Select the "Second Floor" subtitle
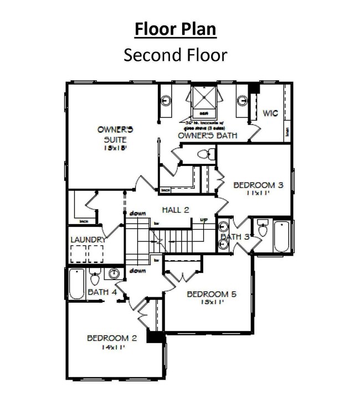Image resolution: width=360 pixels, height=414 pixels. (176, 55)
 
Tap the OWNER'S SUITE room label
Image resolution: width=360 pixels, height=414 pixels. (116, 134)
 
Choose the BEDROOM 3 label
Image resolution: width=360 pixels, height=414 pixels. (258, 185)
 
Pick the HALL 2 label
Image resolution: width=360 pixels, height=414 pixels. (176, 209)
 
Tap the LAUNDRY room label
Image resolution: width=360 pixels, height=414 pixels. (88, 240)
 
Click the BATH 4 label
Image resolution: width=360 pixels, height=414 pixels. (101, 292)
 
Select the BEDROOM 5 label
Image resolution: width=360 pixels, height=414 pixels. (212, 294)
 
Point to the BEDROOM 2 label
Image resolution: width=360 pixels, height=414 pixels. (111, 338)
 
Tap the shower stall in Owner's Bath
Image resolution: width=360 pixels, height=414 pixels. (204, 100)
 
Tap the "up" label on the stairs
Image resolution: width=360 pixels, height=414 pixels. (203, 221)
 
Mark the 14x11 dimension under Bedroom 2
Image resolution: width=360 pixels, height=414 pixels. (111, 348)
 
